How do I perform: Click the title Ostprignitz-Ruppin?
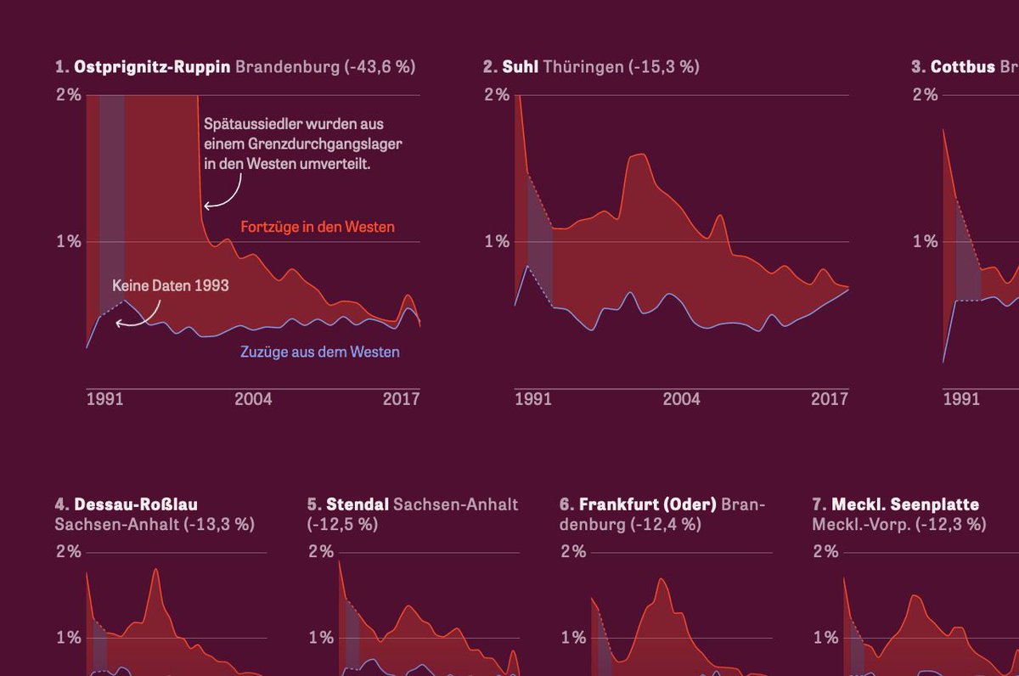tap(152, 66)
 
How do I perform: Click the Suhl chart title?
tap(520, 66)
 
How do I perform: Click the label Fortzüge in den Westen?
tap(318, 228)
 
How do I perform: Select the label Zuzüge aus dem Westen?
tap(319, 352)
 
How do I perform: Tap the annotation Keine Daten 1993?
tap(171, 286)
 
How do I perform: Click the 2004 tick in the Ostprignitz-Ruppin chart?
tap(254, 398)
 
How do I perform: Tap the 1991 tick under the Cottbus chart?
tap(961, 398)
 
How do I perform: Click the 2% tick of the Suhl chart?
tap(497, 94)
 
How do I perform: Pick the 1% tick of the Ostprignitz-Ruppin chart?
tap(69, 242)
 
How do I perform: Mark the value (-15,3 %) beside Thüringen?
tap(664, 66)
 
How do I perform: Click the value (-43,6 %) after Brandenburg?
tap(380, 66)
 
